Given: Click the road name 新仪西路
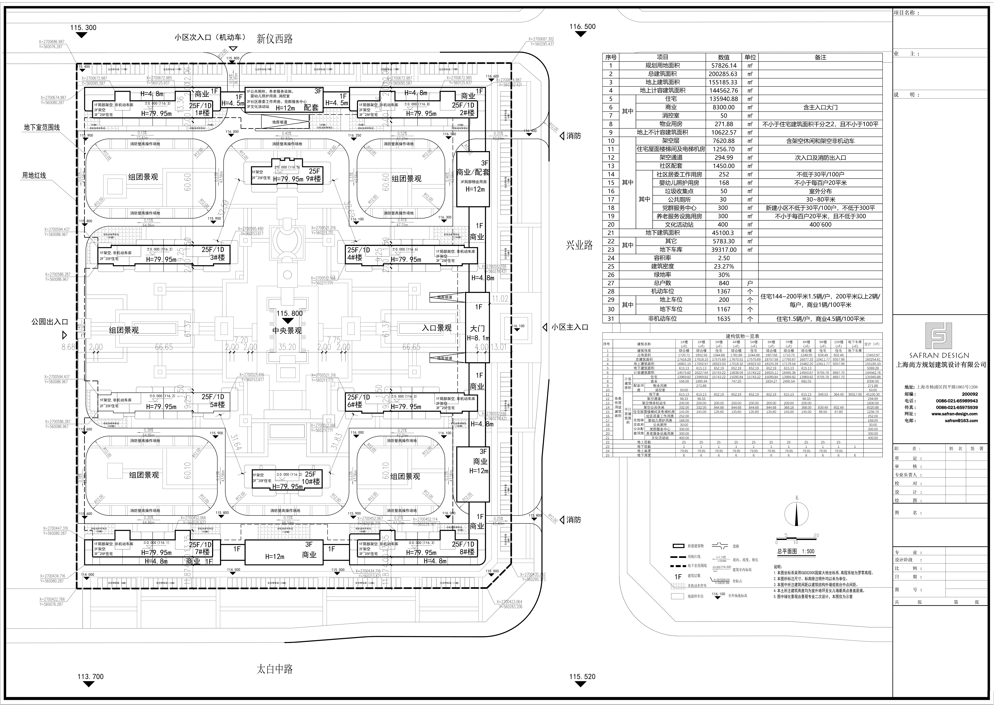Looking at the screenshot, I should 275,39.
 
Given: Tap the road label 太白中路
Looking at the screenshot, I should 275,669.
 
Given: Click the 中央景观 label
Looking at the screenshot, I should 287,330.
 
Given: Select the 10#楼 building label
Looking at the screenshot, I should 311,482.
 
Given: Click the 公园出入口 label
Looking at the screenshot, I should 49,322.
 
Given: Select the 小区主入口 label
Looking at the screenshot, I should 570,327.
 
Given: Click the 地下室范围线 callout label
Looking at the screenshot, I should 42,127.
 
